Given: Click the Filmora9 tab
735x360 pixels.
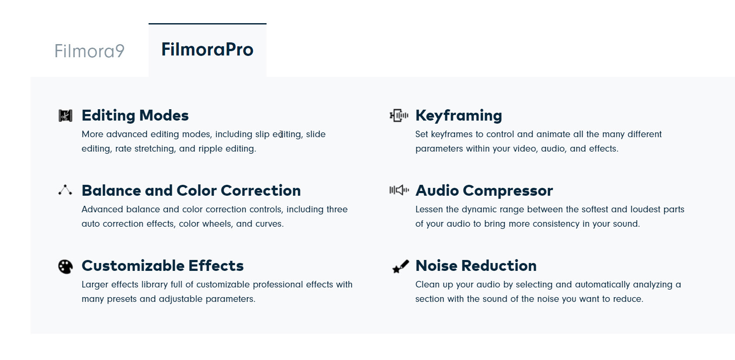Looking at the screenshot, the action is click(89, 51).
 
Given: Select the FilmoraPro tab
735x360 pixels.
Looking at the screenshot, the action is click(208, 49).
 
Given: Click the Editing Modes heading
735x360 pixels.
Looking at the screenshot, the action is click(135, 115).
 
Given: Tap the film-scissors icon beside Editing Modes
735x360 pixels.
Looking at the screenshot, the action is click(65, 115).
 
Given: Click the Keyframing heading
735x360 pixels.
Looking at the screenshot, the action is click(459, 116).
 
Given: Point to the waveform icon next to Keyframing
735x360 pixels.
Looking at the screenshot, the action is click(399, 115).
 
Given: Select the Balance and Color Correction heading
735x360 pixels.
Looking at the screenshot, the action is click(191, 190).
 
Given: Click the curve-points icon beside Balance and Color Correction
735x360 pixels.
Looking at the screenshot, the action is click(65, 190).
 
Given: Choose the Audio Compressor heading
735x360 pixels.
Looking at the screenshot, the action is click(484, 191).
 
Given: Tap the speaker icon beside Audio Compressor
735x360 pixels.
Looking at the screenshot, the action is click(399, 190).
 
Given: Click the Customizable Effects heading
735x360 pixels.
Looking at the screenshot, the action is click(163, 266).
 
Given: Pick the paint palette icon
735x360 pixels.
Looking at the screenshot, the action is click(65, 267).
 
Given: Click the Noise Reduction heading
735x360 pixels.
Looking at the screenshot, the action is click(476, 266).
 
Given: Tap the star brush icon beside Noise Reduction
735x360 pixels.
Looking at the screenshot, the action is click(401, 267).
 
